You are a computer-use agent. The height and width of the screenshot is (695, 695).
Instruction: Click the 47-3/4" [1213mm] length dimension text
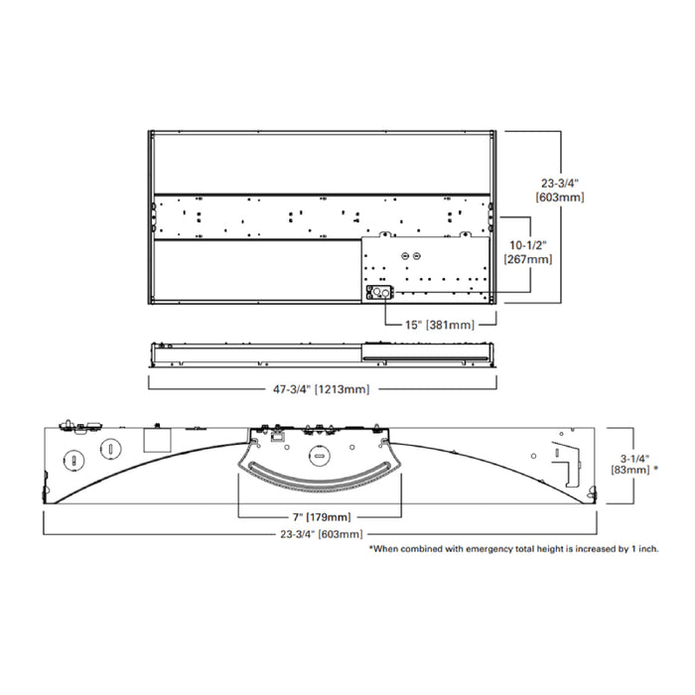point(316,389)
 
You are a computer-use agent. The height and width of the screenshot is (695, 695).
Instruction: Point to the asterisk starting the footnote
point(372,548)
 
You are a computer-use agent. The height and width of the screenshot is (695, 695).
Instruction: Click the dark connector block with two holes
point(379,293)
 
